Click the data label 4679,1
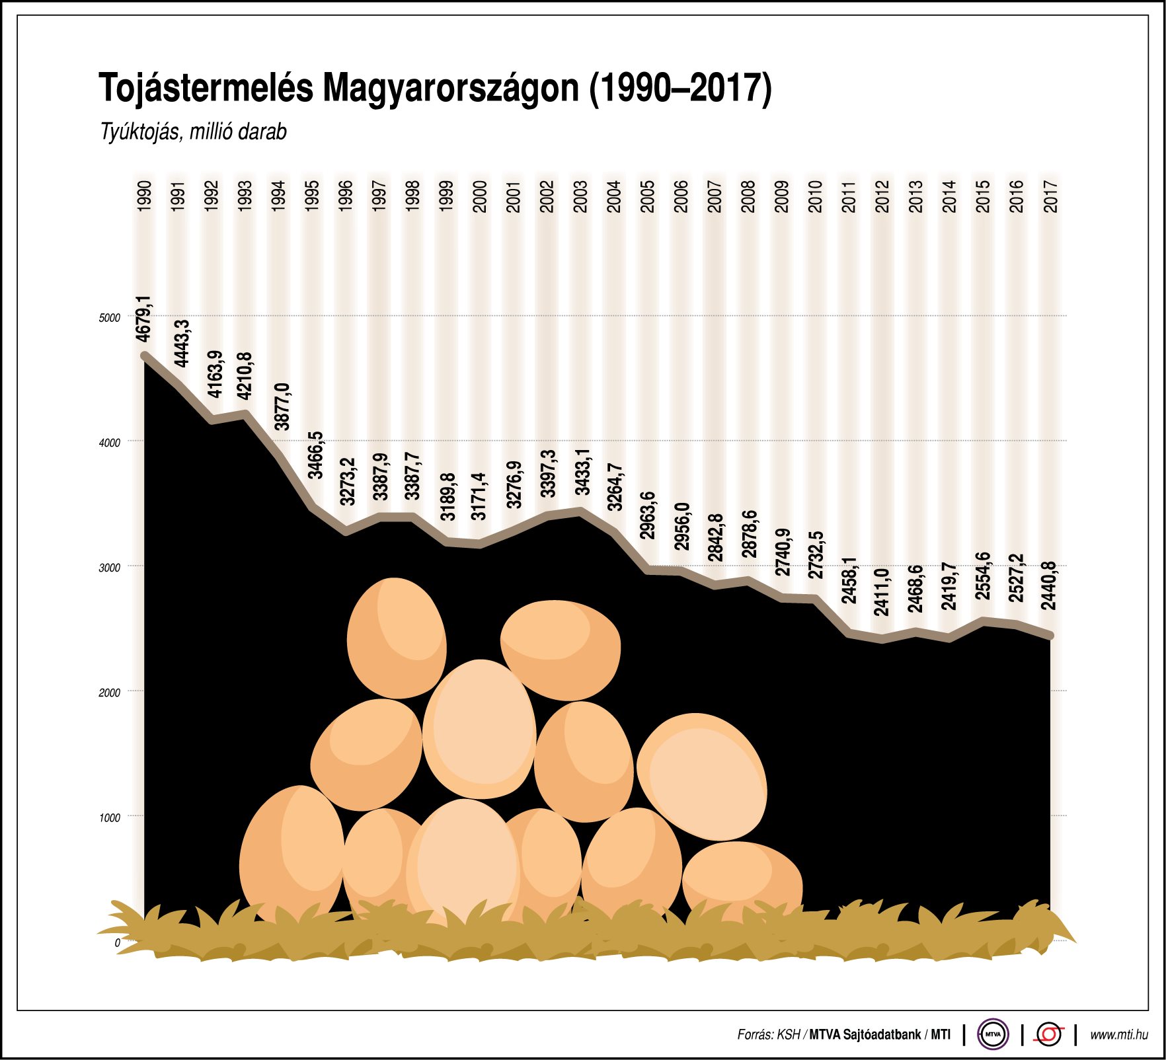pos(144,319)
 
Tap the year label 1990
pos(144,196)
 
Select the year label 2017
pos(1050,196)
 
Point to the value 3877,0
pos(282,406)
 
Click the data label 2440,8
pos(1049,585)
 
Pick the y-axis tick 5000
pos(110,318)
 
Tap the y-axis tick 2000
pos(110,693)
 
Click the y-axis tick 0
pos(118,943)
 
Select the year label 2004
pos(614,196)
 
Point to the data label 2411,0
pos(882,591)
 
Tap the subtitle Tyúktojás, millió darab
pos(193,132)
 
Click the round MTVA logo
pos(993,1034)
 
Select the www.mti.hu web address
pos(1118,1035)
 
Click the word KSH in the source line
pos(788,1035)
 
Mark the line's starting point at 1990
pos(145,356)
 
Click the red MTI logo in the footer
pos(1049,1034)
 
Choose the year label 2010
pos(815,196)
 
